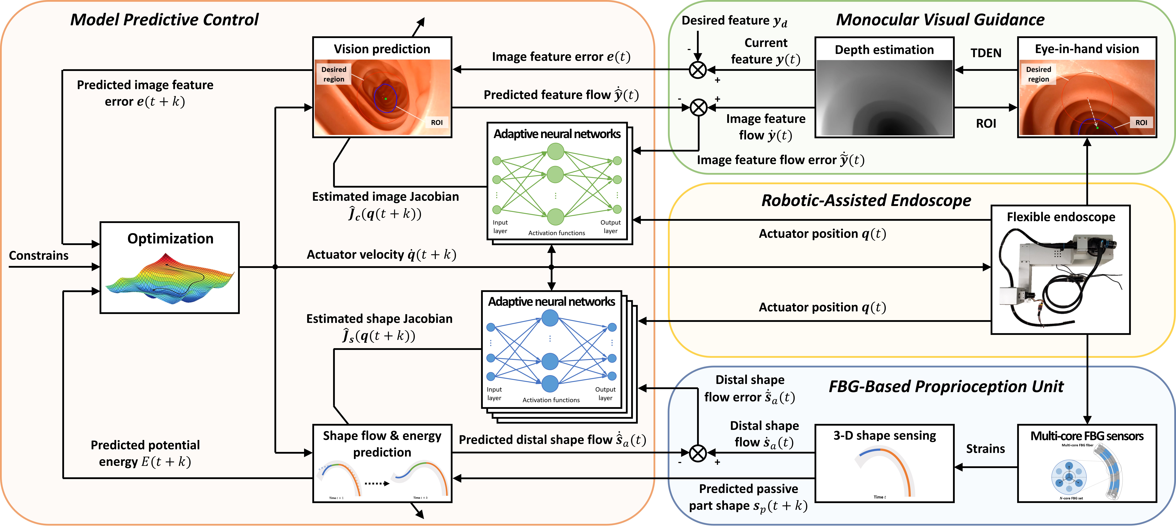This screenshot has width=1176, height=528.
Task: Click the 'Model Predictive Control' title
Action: (x=164, y=20)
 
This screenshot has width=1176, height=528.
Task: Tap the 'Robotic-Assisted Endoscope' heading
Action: (x=866, y=200)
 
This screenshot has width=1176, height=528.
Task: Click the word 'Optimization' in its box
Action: (x=170, y=238)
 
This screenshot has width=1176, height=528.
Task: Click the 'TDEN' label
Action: (x=986, y=53)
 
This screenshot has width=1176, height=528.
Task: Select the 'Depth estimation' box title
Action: (x=884, y=50)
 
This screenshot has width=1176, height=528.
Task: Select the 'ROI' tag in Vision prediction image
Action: (x=436, y=122)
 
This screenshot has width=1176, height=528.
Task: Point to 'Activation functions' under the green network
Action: (x=556, y=233)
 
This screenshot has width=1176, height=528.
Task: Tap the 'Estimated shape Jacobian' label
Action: (x=379, y=319)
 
